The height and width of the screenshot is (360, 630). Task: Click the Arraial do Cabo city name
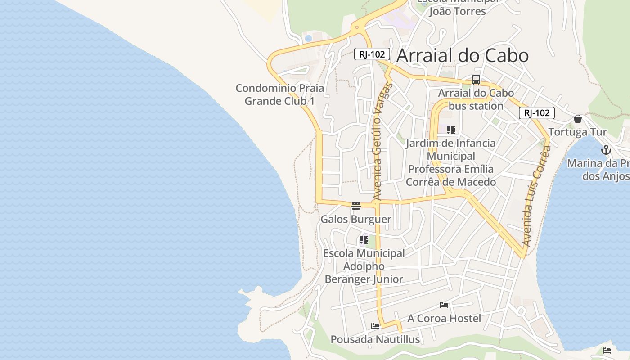(463, 55)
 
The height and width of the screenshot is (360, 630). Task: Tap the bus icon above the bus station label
(476, 80)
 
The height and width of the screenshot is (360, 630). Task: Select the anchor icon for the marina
(606, 150)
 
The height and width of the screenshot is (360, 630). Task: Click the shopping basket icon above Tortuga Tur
(578, 119)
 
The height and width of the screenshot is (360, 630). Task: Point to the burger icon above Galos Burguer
(356, 206)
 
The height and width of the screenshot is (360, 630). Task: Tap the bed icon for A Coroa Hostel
(444, 305)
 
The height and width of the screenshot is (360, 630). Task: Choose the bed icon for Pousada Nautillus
(375, 326)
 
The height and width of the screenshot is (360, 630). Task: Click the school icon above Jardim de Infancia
(451, 130)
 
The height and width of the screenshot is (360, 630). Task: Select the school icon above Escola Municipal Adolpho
(364, 240)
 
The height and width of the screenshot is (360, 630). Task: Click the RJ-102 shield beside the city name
(372, 54)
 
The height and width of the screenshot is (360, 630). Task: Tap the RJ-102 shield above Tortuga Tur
(536, 113)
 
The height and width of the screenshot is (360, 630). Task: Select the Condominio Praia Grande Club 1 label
(279, 94)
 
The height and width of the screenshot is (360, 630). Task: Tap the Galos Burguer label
(355, 220)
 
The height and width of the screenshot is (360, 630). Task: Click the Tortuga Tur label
(577, 132)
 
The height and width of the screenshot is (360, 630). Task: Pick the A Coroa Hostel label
(444, 319)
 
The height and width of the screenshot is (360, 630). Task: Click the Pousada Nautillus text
(375, 339)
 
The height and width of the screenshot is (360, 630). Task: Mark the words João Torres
(457, 11)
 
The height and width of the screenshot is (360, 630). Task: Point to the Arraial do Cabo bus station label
(476, 99)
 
